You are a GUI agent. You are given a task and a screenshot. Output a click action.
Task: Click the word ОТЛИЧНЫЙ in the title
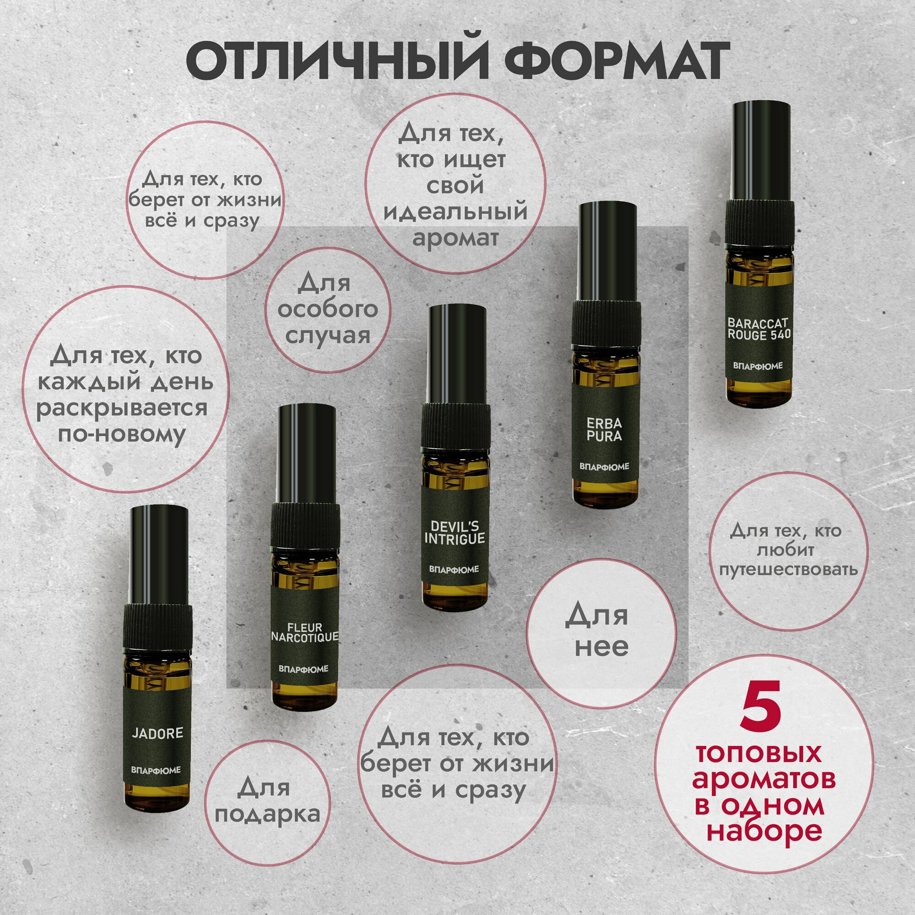[336, 61]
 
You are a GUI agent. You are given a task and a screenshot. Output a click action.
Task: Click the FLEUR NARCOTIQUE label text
[305, 632]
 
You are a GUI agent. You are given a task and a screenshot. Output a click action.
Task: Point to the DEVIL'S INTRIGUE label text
[454, 533]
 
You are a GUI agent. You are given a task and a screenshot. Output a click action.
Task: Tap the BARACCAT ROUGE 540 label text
[759, 328]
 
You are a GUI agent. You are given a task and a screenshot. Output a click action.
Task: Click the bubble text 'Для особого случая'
[327, 309]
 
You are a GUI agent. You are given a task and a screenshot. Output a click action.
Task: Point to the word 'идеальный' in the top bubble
[455, 211]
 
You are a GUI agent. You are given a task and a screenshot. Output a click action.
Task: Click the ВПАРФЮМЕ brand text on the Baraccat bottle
[758, 366]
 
